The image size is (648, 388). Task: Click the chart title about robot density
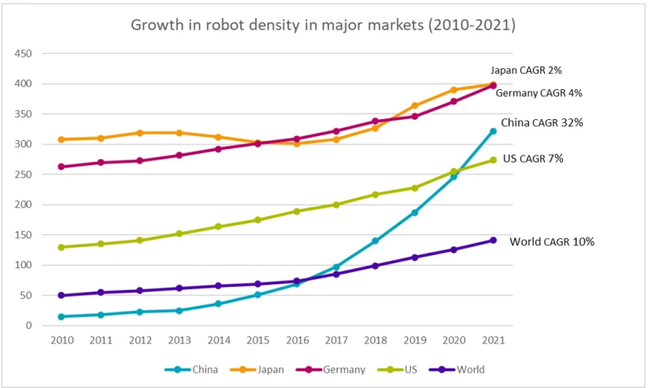pyautogui.click(x=323, y=25)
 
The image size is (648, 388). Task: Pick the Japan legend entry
pyautogui.click(x=265, y=369)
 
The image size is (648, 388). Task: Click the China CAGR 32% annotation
pyautogui.click(x=542, y=122)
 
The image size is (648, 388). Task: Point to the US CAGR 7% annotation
pyautogui.click(x=533, y=159)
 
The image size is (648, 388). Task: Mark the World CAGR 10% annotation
pyautogui.click(x=552, y=241)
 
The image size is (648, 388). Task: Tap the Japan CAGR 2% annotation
pyautogui.click(x=526, y=70)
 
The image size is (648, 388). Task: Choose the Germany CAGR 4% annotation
pyautogui.click(x=539, y=93)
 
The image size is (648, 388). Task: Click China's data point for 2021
pyautogui.click(x=492, y=131)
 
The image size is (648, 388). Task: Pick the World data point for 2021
pyautogui.click(x=492, y=240)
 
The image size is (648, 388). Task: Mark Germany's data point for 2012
pyautogui.click(x=140, y=160)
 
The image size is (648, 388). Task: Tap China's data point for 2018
pyautogui.click(x=375, y=241)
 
